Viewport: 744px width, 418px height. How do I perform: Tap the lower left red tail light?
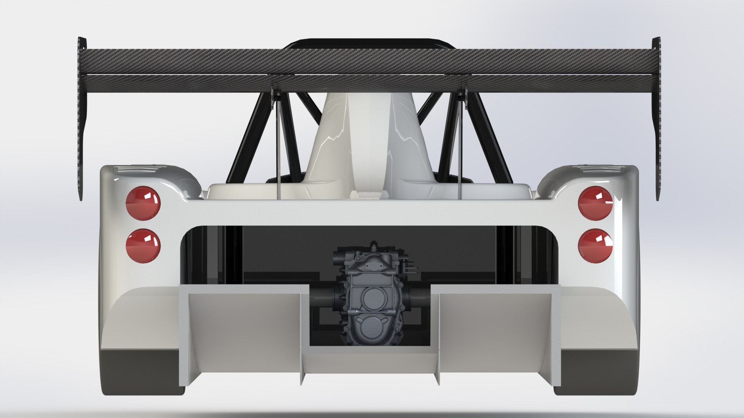tap(143, 246)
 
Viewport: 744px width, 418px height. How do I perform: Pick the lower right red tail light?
tap(595, 246)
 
